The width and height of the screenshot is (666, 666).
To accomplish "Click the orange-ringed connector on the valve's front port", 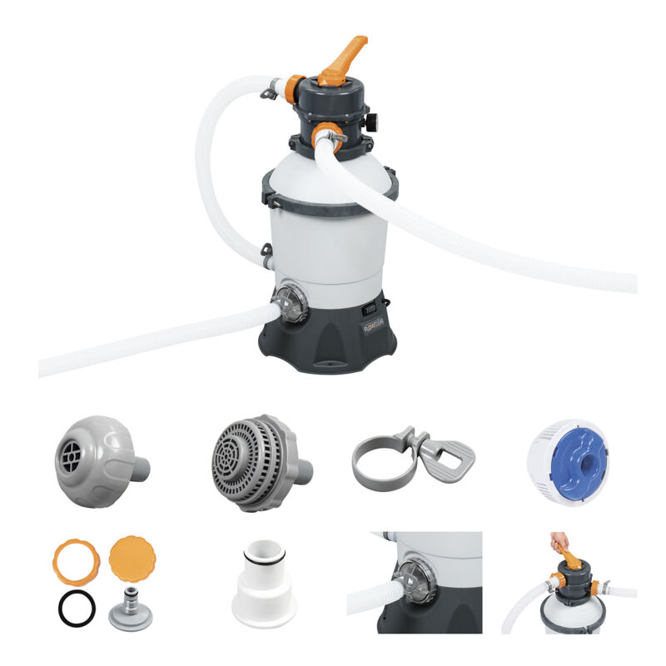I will pyautogui.click(x=326, y=134).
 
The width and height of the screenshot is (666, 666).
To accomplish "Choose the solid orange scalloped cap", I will pyautogui.click(x=133, y=559).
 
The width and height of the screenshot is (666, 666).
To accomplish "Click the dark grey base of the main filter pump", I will pyautogui.click(x=333, y=341).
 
